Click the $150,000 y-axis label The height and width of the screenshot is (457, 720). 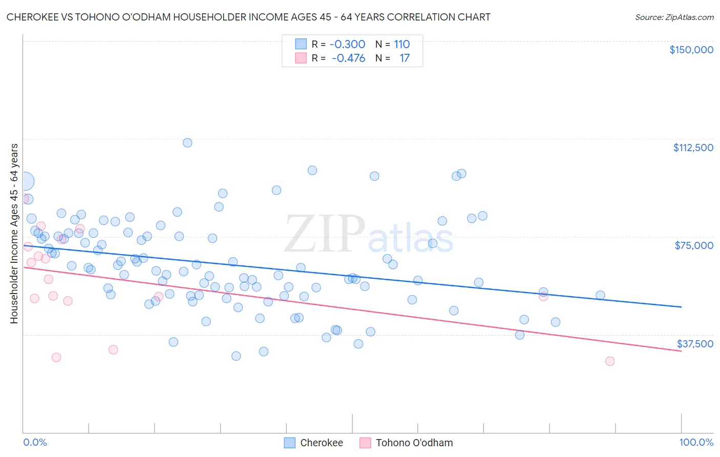(x=691, y=50)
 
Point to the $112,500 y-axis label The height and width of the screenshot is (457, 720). (x=693, y=148)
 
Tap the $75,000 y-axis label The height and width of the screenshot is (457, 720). (x=694, y=245)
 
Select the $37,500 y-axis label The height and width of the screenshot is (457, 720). (x=695, y=344)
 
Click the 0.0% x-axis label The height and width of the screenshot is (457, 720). (x=35, y=442)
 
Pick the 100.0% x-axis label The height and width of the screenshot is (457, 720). (x=696, y=442)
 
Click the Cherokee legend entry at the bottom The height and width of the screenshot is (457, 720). (x=314, y=443)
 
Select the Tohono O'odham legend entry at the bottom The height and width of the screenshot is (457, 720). (x=407, y=443)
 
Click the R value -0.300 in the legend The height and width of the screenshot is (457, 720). (x=347, y=44)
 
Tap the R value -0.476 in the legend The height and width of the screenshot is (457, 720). (x=348, y=58)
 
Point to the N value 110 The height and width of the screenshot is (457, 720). (x=401, y=44)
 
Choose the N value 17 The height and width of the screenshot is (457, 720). (x=405, y=58)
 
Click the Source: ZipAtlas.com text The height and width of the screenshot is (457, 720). (x=674, y=17)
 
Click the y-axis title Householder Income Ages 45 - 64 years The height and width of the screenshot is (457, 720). (x=14, y=233)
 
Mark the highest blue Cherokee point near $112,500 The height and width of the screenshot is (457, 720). (x=187, y=143)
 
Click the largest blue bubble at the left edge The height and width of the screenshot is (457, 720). (x=24, y=181)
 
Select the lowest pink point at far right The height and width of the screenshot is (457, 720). (x=609, y=361)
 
